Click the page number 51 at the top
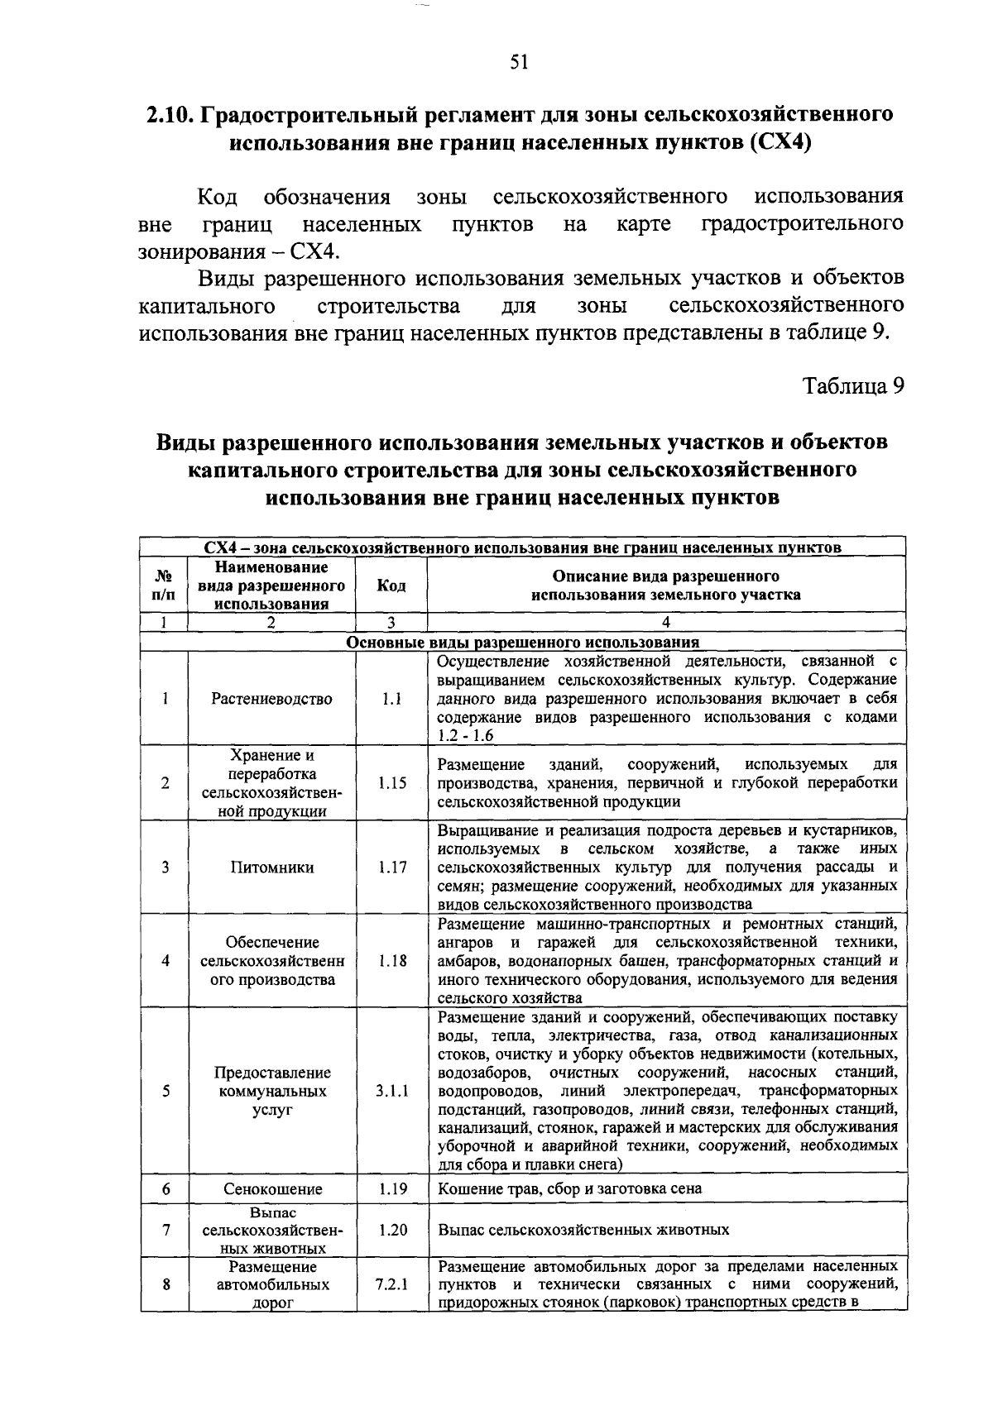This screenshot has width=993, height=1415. coord(519,62)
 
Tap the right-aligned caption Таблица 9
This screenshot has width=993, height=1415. coord(853,386)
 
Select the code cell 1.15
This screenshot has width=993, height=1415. coord(392,783)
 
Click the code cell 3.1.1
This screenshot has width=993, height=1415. coord(392,1091)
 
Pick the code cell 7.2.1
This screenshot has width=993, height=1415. coord(392,1285)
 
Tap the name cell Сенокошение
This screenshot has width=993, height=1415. coord(272,1189)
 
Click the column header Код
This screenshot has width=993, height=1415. coord(391,586)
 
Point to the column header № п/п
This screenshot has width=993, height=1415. coord(165,586)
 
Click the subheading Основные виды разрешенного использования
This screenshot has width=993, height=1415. coord(523,643)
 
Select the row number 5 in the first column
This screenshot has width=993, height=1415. coord(166,1091)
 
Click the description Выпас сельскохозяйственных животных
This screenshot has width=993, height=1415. coord(583,1230)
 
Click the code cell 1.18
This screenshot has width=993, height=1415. coord(392,961)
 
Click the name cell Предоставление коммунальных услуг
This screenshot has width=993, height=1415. coord(272,1091)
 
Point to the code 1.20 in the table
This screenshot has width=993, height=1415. coord(392,1230)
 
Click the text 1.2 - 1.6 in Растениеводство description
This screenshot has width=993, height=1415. coord(466,736)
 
